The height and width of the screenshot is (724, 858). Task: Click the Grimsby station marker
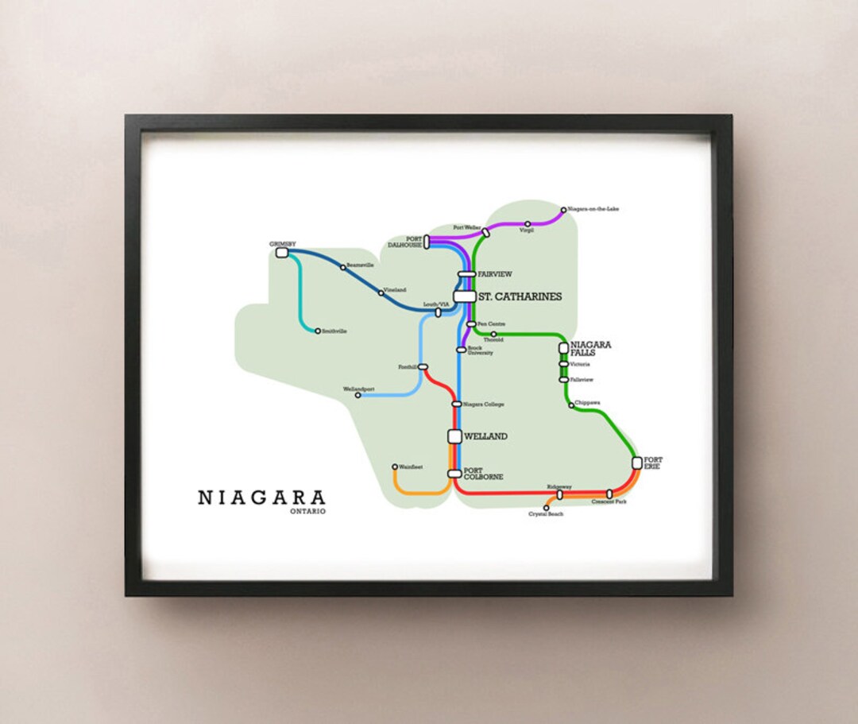[x=281, y=253]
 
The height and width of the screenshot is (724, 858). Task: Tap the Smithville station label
[x=335, y=331]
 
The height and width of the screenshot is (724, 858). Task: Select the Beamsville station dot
[x=343, y=267]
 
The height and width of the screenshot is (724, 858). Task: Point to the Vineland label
[x=395, y=290]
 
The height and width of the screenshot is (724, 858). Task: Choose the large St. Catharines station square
[x=465, y=296]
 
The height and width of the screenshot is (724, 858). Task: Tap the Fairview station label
[x=495, y=274]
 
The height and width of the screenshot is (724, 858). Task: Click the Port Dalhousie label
[x=404, y=242]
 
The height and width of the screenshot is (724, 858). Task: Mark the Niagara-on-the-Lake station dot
[x=563, y=211]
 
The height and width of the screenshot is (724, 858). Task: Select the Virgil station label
[x=527, y=231]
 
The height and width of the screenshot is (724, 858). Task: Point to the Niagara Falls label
[x=591, y=348]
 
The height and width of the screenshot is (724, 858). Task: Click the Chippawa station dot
[x=571, y=405]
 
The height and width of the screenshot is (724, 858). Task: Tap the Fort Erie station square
[x=637, y=463]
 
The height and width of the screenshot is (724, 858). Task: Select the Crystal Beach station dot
[x=546, y=508]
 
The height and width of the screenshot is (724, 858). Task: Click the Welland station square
[x=454, y=436]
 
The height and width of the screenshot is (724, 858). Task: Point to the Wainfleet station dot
[x=395, y=467]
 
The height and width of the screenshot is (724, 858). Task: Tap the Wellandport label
[x=358, y=389]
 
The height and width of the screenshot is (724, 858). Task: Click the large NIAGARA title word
[x=261, y=498]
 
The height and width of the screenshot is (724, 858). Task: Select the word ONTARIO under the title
[x=308, y=511]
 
